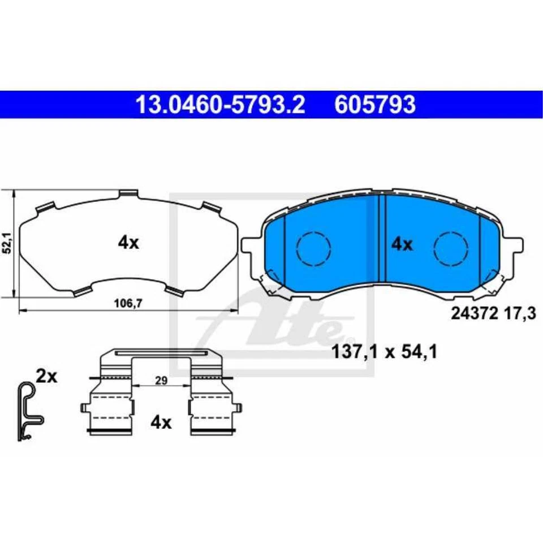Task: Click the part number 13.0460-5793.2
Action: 220,104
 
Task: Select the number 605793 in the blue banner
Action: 375,104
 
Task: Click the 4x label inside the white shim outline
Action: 128,243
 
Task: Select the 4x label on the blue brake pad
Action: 402,244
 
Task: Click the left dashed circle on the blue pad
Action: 313,247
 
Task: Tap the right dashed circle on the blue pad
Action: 451,247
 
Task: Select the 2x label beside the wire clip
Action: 46,376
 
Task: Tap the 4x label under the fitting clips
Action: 161,422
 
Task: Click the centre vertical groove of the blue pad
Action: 381,238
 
